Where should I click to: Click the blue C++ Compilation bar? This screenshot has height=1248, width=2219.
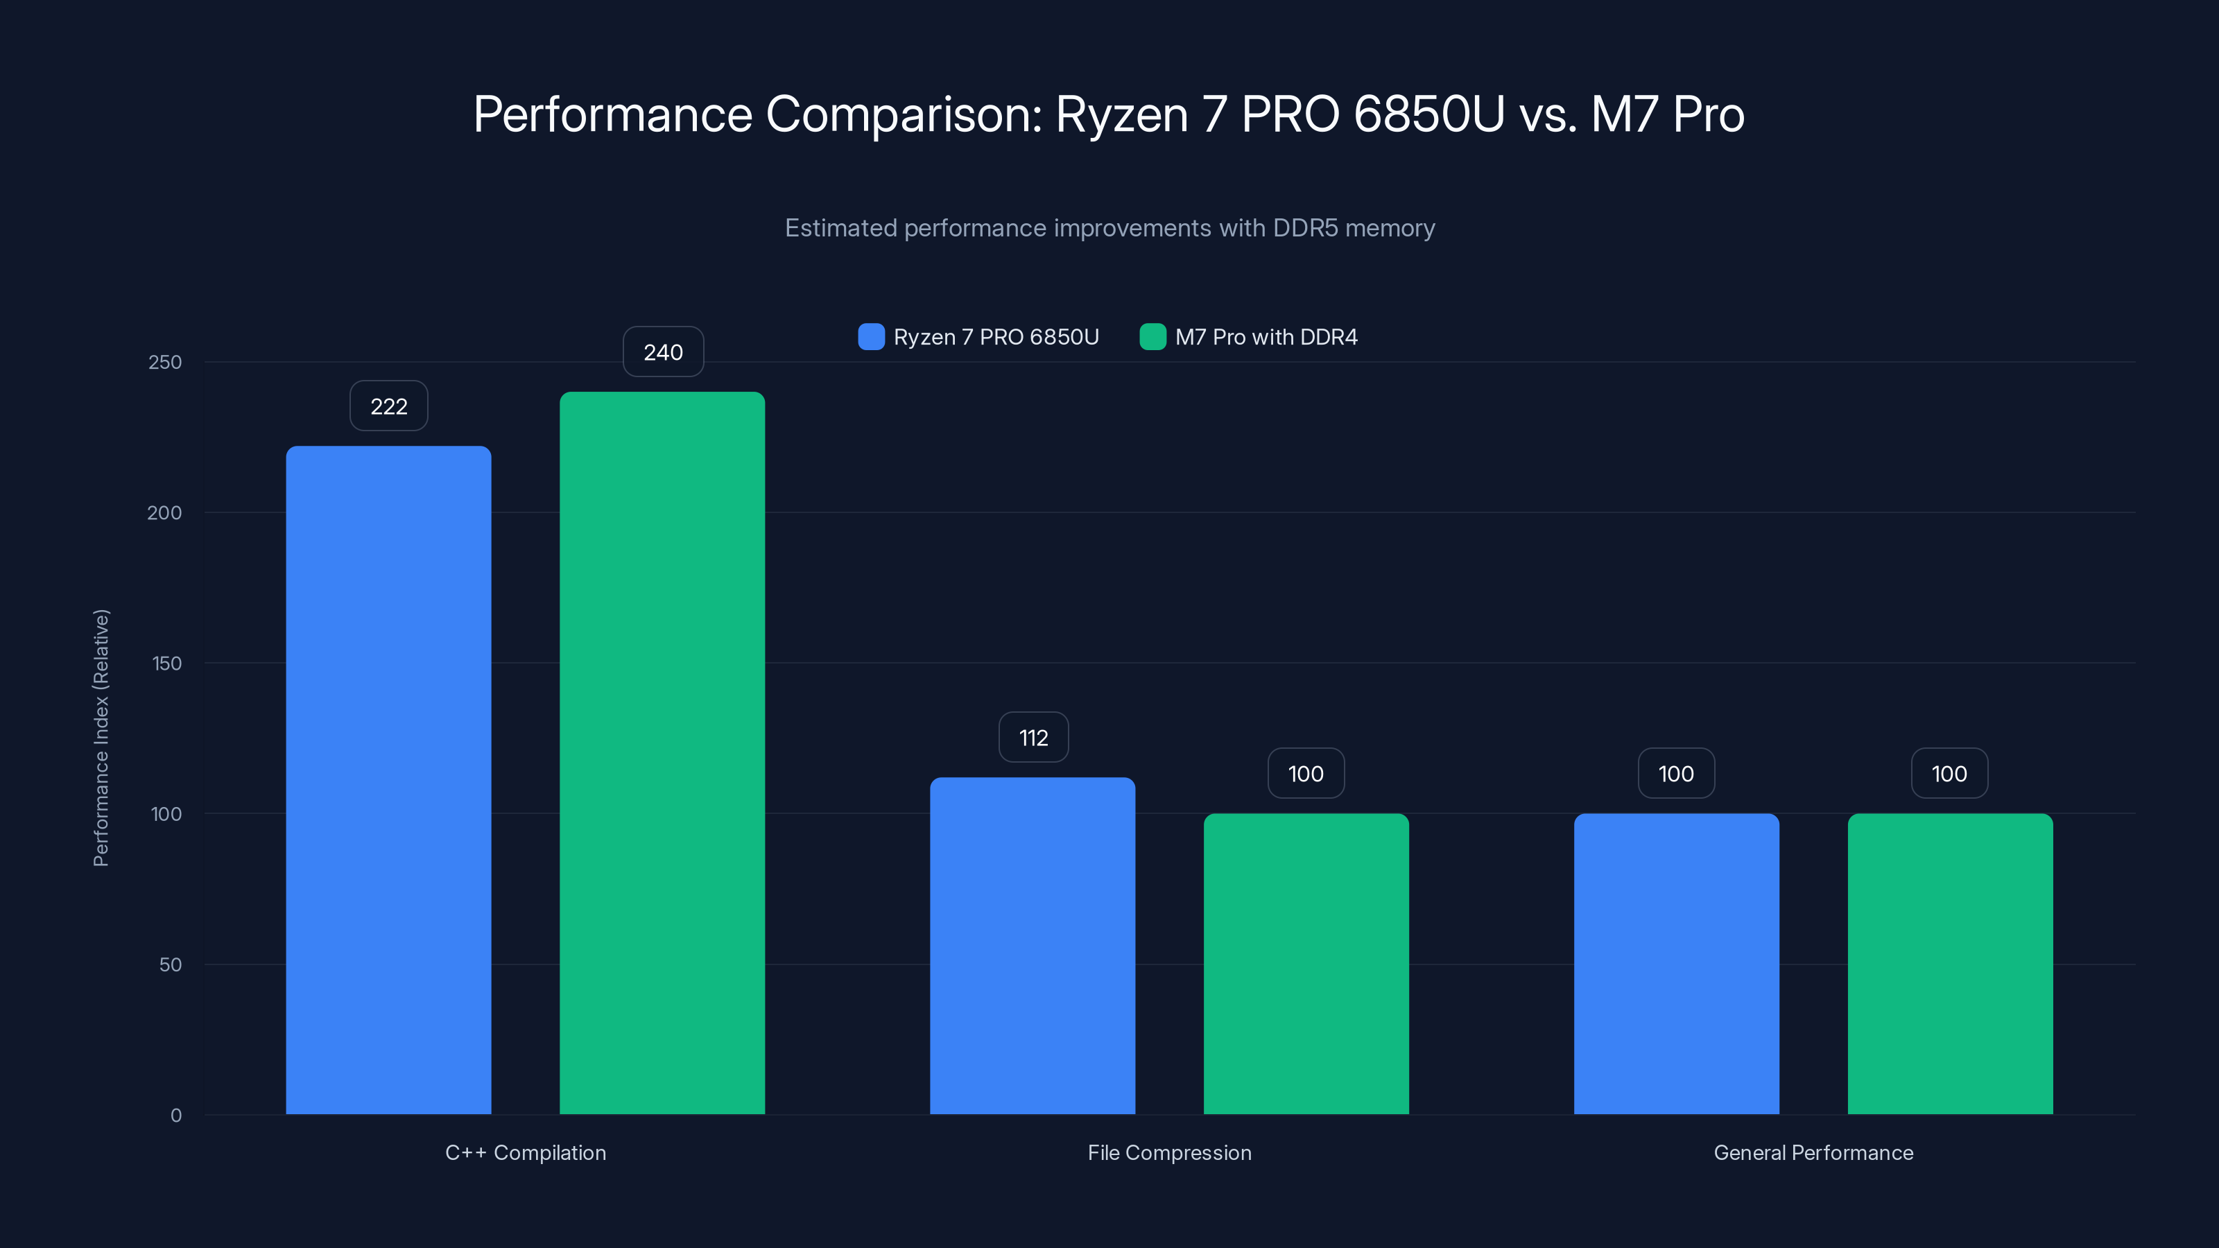point(388,779)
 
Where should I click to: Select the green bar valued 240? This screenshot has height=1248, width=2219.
point(662,753)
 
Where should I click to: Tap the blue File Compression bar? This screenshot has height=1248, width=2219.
point(1032,946)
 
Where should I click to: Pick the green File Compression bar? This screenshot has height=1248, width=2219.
point(1306,963)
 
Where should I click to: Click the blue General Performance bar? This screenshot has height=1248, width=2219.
point(1676,963)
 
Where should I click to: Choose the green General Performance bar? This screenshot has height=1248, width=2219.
point(1949,963)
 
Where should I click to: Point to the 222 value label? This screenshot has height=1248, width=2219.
point(388,406)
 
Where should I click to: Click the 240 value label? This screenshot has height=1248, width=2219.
point(662,352)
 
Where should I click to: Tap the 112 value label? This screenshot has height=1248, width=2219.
point(1033,737)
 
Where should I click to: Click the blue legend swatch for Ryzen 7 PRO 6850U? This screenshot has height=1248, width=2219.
point(871,337)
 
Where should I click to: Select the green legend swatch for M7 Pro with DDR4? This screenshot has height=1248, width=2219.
point(1152,337)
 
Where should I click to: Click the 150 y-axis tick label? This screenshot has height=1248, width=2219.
point(166,664)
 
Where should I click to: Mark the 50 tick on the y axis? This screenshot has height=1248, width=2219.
point(170,964)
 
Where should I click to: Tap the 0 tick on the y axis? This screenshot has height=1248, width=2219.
point(175,1116)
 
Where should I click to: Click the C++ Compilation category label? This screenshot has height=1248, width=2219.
point(526,1152)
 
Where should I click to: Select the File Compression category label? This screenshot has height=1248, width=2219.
point(1169,1152)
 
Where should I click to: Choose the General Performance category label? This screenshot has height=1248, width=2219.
point(1813,1152)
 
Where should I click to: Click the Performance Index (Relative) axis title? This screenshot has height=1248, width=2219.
point(101,737)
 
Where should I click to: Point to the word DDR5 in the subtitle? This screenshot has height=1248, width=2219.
point(1305,228)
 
